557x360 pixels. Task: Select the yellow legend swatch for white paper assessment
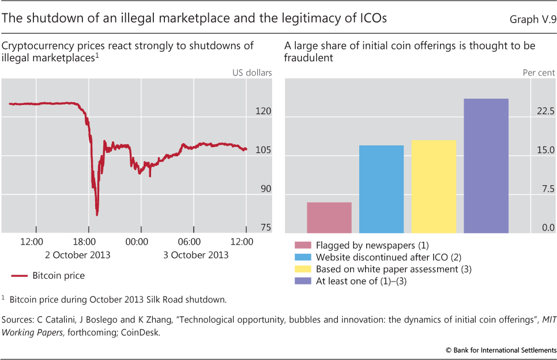pyautogui.click(x=303, y=269)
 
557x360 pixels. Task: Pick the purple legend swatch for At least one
pyautogui.click(x=303, y=281)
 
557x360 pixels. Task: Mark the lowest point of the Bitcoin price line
pyautogui.click(x=97, y=215)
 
